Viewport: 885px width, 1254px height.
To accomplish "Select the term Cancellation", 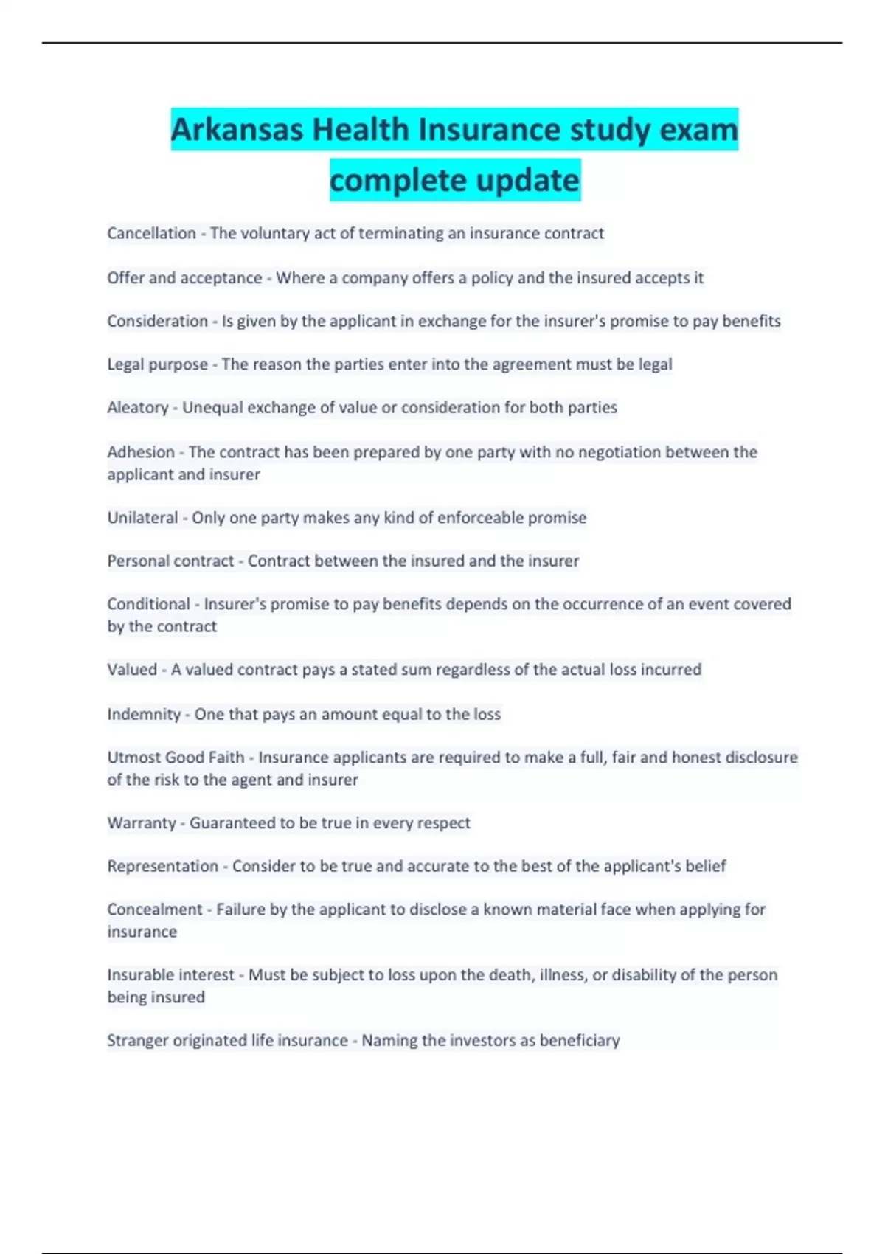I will point(151,233).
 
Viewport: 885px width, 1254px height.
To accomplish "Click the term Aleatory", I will point(137,407).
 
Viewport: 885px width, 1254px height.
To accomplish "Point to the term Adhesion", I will point(141,451).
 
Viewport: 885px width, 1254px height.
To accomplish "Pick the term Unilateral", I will point(142,518).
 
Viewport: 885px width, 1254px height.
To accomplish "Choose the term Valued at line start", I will point(132,670).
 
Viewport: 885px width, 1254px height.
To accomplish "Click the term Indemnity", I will point(144,714).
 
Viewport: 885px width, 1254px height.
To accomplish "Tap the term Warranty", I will point(142,822).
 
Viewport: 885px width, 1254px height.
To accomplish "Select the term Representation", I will point(162,866).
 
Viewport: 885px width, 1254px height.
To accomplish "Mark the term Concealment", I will point(154,910).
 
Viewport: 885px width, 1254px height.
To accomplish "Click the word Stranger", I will point(137,1040).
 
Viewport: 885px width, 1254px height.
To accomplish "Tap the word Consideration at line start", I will point(157,321).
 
